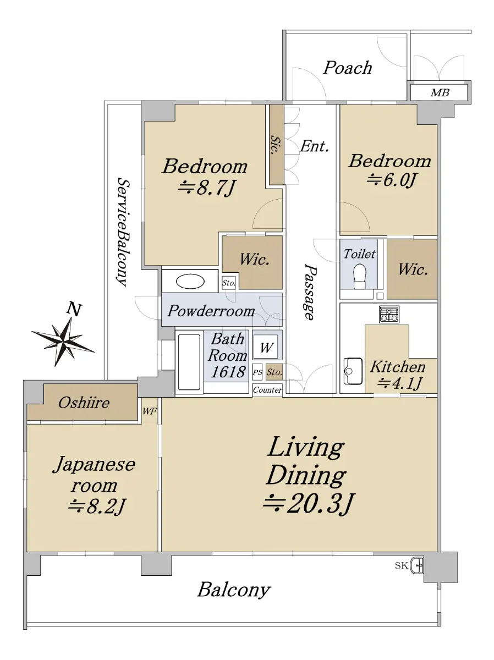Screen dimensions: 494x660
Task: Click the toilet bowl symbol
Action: [360, 276]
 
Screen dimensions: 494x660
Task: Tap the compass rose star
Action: [63, 342]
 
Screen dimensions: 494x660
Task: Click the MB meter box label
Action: [440, 92]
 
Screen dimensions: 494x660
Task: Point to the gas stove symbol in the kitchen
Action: [389, 315]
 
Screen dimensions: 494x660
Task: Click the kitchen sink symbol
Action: [353, 371]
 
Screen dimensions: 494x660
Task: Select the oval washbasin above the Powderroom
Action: [190, 282]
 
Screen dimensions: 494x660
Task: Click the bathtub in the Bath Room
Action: [189, 362]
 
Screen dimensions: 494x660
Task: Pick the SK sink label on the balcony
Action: [401, 565]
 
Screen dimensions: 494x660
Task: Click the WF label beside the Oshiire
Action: [150, 411]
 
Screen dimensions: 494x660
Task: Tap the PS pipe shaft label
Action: [257, 372]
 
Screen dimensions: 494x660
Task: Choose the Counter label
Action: [267, 390]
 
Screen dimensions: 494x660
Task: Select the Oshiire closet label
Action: [84, 403]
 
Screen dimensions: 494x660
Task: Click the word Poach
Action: [348, 68]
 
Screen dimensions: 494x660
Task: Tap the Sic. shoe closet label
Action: [275, 145]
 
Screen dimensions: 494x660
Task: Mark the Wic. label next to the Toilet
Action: [413, 269]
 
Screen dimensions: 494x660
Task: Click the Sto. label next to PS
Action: [274, 372]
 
